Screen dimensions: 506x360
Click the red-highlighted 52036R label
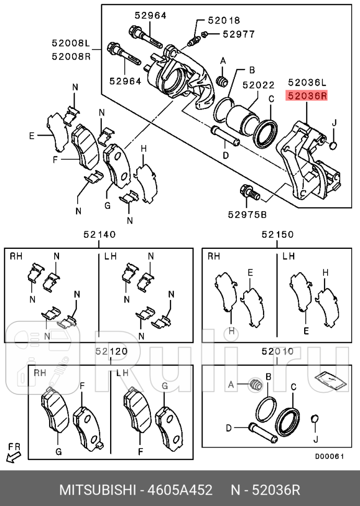(307, 96)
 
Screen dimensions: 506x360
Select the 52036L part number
(307, 82)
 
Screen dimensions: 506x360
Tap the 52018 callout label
(224, 21)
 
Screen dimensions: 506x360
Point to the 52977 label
(238, 34)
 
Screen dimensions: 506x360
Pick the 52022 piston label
(258, 85)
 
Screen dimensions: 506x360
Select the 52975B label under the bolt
(247, 214)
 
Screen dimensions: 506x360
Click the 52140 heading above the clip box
(99, 235)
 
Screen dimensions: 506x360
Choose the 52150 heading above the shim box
(278, 235)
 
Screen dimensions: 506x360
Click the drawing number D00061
(329, 456)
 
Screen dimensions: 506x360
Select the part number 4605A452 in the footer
(180, 491)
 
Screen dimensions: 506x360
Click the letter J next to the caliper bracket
(335, 123)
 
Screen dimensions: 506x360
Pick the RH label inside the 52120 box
(40, 373)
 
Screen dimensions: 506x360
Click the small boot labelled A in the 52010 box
(255, 385)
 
